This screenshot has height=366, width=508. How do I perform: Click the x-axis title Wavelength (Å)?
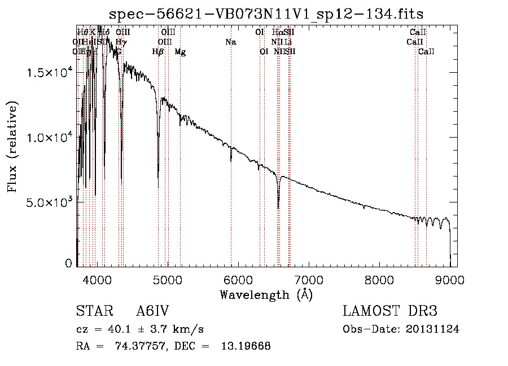[x=266, y=294]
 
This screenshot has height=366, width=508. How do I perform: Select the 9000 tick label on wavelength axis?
[x=450, y=279]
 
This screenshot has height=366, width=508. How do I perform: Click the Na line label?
[x=230, y=42]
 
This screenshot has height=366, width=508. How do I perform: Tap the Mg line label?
[x=180, y=52]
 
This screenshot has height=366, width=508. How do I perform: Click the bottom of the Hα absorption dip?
[x=278, y=208]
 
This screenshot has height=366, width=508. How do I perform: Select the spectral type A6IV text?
[x=152, y=312]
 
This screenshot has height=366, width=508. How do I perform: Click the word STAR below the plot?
[x=94, y=312]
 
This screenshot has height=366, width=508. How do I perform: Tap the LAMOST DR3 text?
[x=390, y=312]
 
